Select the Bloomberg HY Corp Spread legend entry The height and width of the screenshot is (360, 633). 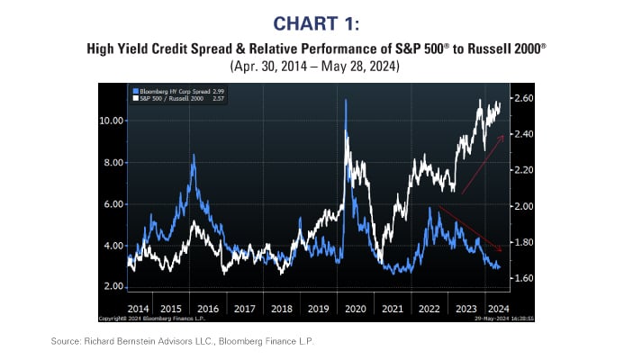click(177, 92)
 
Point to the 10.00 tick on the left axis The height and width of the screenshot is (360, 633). click(111, 121)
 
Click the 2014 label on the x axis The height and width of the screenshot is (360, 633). click(140, 308)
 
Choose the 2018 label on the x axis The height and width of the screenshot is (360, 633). click(283, 308)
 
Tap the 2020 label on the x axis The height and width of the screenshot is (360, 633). click(355, 308)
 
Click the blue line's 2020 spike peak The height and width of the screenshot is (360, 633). click(346, 100)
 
